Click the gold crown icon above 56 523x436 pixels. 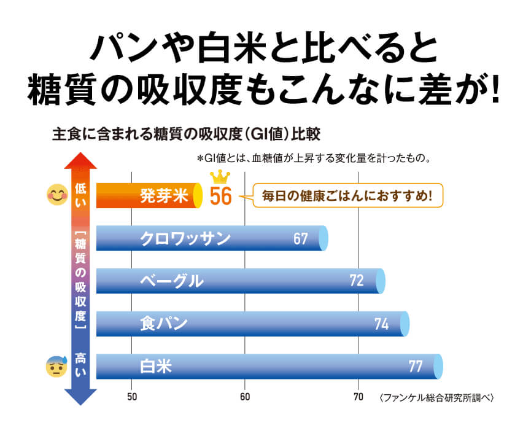click(219, 177)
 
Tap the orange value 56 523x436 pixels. click(220, 197)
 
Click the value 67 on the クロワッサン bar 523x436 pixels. click(300, 239)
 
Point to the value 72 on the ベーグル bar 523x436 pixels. click(357, 281)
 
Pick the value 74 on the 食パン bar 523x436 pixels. click(382, 324)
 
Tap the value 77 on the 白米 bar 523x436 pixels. click(416, 367)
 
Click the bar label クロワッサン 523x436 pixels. click(185, 238)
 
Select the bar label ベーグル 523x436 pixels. click(171, 281)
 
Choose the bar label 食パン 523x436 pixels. click(163, 324)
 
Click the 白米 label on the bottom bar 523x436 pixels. click(155, 367)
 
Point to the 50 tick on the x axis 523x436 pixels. click(131, 397)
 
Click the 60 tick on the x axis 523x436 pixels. click(245, 397)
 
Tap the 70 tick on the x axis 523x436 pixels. click(358, 397)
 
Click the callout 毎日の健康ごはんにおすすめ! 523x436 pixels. click(347, 197)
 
